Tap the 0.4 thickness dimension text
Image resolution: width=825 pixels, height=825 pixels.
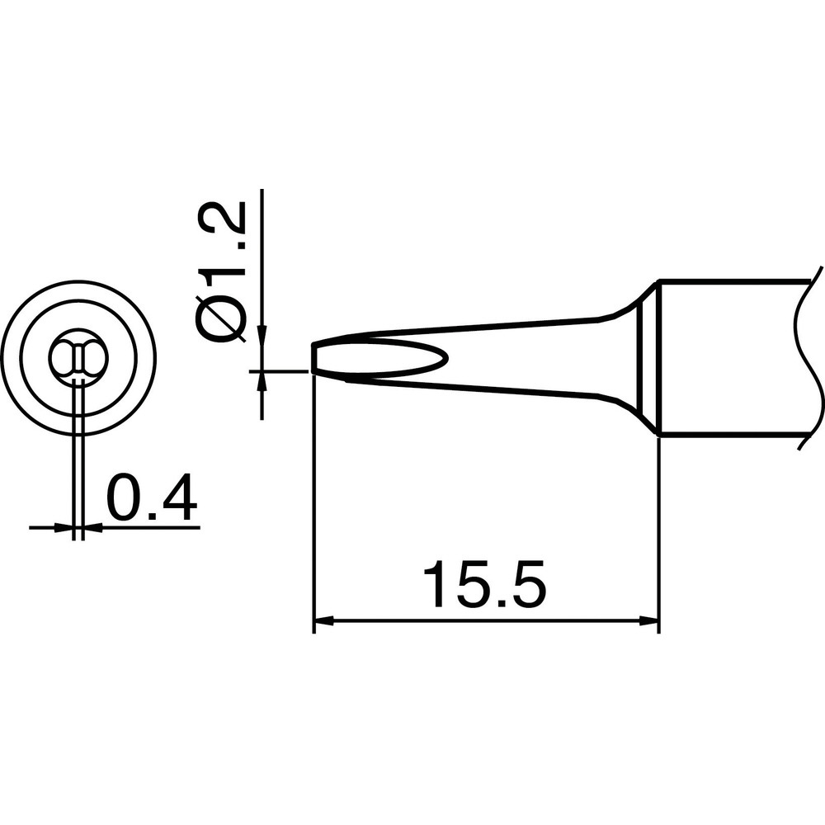[152, 497]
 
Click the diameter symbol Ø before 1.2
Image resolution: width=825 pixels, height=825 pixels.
[221, 320]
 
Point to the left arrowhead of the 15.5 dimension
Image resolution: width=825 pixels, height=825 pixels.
[323, 621]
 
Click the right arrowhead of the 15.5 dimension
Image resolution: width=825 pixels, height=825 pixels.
[648, 621]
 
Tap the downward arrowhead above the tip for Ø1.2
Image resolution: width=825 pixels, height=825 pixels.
[262, 335]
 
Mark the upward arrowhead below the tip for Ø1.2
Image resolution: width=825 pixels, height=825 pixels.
[262, 381]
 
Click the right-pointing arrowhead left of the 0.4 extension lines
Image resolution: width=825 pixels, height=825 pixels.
[64, 526]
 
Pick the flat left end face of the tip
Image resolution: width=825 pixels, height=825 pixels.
[313, 358]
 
